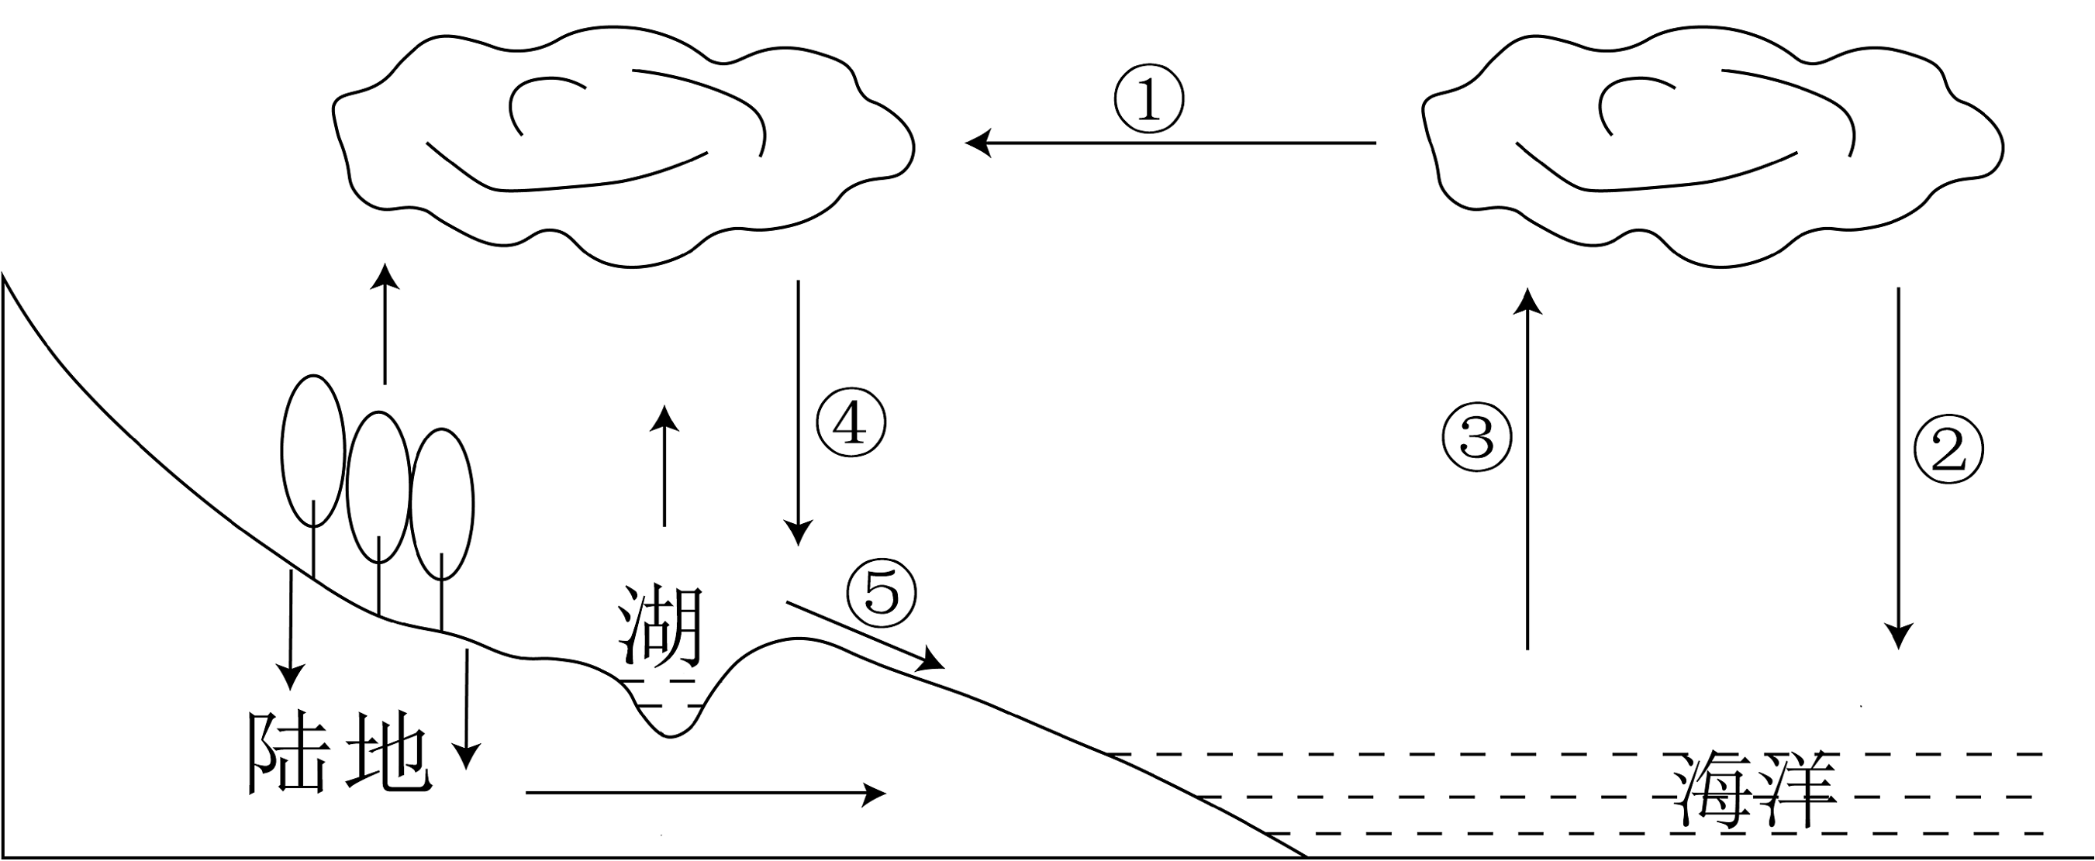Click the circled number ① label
1148,100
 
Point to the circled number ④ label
851,424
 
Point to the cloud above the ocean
1712,150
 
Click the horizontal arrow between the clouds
1169,143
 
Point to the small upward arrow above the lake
665,466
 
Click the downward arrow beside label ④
798,413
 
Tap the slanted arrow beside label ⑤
865,635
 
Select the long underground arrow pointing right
706,792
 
